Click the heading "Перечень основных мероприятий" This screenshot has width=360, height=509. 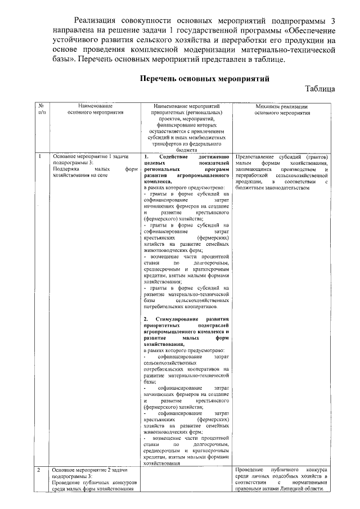pos(204,79)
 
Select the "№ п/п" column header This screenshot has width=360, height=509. pos(41,109)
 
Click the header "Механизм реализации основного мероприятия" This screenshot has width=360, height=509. pos(282,109)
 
